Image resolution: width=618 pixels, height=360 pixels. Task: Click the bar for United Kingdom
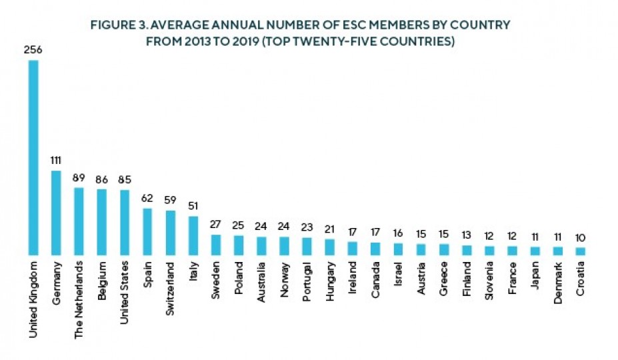click(x=33, y=157)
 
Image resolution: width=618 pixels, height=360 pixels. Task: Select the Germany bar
click(x=56, y=213)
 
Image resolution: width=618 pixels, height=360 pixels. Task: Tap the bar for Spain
click(x=147, y=231)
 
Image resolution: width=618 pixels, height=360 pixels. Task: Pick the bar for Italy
click(x=193, y=235)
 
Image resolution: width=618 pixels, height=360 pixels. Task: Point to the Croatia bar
click(x=581, y=251)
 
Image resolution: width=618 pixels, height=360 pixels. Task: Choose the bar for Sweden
click(x=216, y=245)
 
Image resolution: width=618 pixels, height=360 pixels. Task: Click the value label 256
click(x=33, y=49)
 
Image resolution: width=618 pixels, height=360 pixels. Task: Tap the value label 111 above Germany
click(x=56, y=160)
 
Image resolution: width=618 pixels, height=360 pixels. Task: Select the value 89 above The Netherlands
click(x=79, y=177)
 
